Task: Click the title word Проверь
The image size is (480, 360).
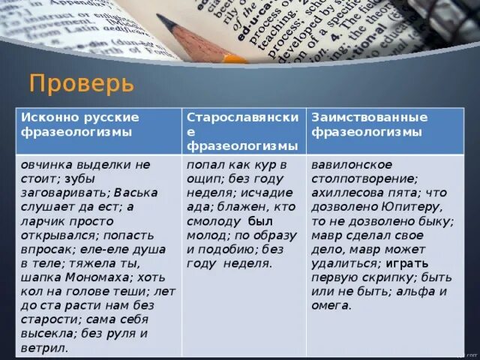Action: tap(81, 83)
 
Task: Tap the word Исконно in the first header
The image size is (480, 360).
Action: tap(48, 118)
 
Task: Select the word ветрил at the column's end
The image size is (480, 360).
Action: tap(45, 348)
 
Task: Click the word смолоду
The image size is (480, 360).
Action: tap(212, 221)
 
